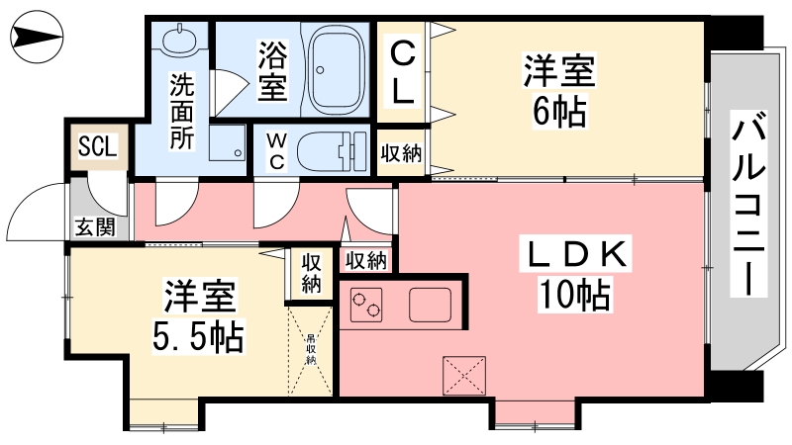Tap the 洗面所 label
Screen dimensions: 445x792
pyautogui.click(x=181, y=110)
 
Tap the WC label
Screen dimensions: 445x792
pyautogui.click(x=275, y=151)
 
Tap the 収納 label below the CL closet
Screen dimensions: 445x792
pyautogui.click(x=403, y=152)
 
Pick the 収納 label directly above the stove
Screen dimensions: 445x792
pyautogui.click(x=365, y=260)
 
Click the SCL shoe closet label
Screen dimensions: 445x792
pyautogui.click(x=98, y=146)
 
